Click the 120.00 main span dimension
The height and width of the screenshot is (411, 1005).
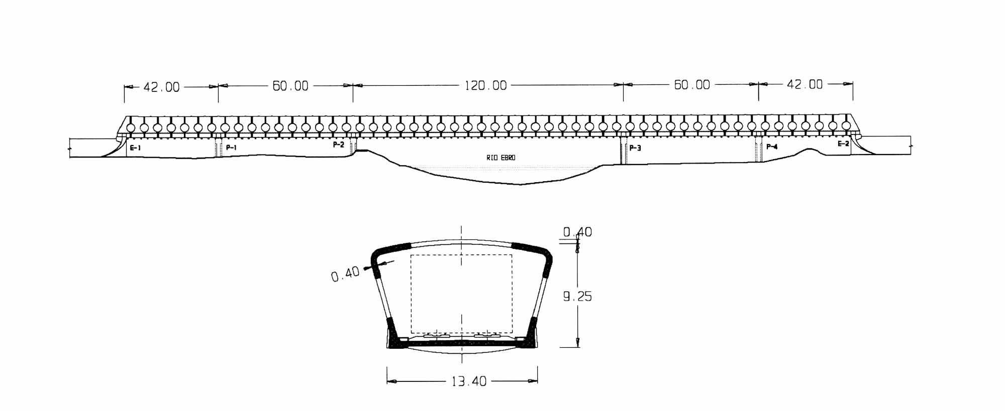tap(485, 85)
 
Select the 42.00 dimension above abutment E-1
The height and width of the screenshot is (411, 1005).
tap(161, 87)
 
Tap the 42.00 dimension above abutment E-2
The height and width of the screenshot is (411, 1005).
tap(805, 84)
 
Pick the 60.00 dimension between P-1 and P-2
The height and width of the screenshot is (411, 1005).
tap(290, 86)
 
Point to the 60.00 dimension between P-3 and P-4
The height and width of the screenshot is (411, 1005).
tap(691, 85)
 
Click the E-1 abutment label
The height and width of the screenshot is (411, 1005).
tap(135, 148)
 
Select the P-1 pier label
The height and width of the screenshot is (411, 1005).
tap(231, 148)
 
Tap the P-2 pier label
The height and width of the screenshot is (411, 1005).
tap(339, 145)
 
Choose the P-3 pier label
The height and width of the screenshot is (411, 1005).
tap(635, 148)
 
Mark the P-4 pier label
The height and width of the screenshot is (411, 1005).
tap(772, 147)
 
